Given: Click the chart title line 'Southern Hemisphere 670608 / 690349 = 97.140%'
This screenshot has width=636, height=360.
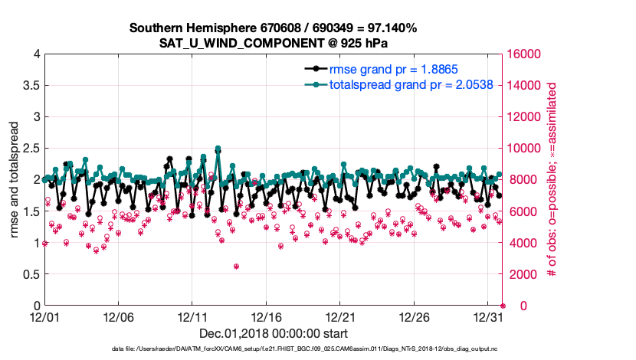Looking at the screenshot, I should pyautogui.click(x=273, y=28).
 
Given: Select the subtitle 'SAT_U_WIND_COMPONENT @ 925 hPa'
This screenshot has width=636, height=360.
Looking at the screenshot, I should pyautogui.click(x=273, y=42).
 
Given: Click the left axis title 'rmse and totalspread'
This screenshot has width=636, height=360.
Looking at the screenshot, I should pyautogui.click(x=15, y=180).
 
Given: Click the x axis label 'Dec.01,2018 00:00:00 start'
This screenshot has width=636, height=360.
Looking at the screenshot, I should pyautogui.click(x=273, y=333).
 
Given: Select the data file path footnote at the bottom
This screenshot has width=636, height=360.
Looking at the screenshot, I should pyautogui.click(x=315, y=349).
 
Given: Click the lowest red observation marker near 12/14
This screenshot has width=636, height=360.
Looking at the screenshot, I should pyautogui.click(x=236, y=267).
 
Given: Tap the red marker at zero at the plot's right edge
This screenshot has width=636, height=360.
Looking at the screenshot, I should pyautogui.click(x=503, y=306).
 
